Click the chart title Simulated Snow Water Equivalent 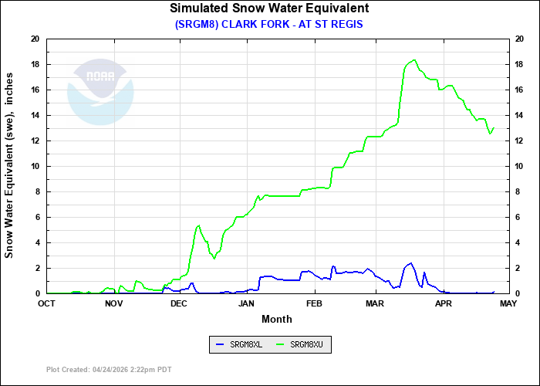click(269, 8)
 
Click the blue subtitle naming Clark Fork click(269, 24)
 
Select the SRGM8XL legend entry click(240, 344)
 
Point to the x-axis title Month click(277, 319)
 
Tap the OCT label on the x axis click(46, 303)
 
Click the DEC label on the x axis click(179, 303)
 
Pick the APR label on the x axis click(443, 303)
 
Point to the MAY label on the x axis click(508, 303)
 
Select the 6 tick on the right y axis click(517, 217)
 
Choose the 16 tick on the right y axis click(519, 90)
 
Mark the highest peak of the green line click(414, 60)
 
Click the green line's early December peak click(198, 225)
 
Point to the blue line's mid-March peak click(410, 263)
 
